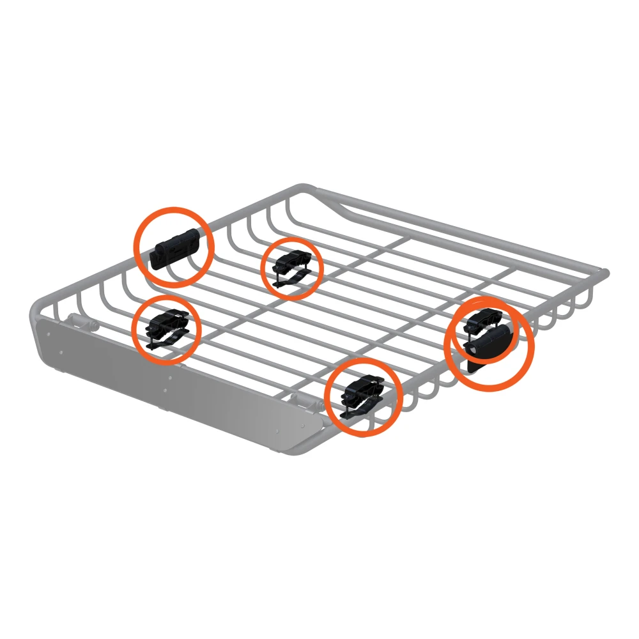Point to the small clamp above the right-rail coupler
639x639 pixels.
(484, 318)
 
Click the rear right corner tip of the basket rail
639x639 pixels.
(604, 273)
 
